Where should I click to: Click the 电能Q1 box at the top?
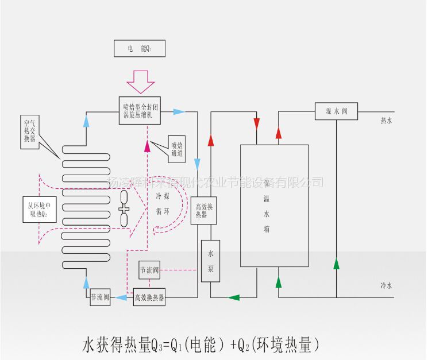click(140, 48)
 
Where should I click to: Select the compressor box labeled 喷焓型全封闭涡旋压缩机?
click(140, 110)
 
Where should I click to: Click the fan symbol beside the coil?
click(124, 209)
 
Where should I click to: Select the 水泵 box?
click(211, 261)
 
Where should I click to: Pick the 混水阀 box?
click(336, 111)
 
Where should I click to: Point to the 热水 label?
click(386, 121)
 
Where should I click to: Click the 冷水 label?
click(386, 285)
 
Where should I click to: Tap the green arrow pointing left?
click(233, 297)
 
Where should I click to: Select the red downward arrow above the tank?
click(256, 124)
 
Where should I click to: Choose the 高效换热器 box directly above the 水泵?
click(204, 210)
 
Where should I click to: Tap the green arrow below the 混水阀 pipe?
click(336, 265)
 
